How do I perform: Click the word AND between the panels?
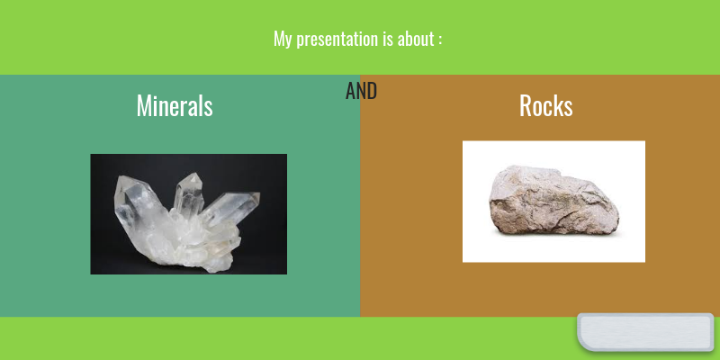coord(361,91)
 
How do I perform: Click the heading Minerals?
coord(175,105)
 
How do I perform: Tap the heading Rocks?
coord(545,105)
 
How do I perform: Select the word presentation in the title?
coord(337,40)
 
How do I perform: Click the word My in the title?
coord(283,40)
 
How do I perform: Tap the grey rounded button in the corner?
coord(646,332)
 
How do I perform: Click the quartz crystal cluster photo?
coord(188,214)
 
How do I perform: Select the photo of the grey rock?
coord(553,202)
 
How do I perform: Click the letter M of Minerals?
coord(143,105)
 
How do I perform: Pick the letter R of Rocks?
coord(526,105)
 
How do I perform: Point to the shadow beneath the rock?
coord(558,237)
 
